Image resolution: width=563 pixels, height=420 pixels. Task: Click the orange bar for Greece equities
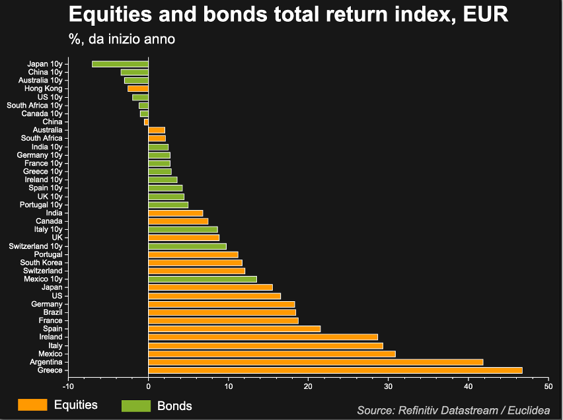pos(335,370)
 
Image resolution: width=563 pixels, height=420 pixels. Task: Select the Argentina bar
pos(316,362)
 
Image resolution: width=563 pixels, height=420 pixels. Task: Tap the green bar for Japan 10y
pos(120,64)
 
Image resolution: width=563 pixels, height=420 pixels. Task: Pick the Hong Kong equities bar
pos(138,88)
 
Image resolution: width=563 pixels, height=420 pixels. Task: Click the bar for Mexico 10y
pos(202,279)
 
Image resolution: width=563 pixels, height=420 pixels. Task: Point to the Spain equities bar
pos(235,329)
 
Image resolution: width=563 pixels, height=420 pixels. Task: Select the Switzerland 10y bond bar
pos(187,246)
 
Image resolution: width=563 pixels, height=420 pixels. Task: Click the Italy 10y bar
pos(183,229)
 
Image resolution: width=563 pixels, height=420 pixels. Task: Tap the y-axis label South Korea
pos(41,263)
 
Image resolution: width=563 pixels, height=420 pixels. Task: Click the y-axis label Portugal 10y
pos(41,205)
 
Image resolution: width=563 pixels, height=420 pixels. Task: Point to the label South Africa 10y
pos(34,105)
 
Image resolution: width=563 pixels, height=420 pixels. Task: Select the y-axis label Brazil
pos(53,312)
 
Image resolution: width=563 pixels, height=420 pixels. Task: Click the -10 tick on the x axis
pos(68,386)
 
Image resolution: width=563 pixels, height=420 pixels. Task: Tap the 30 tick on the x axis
pos(389,386)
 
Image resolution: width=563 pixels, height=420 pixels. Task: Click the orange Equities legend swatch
pos(32,405)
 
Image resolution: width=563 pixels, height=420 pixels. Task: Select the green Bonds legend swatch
pos(136,405)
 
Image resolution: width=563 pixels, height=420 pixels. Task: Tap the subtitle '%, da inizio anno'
pos(122,39)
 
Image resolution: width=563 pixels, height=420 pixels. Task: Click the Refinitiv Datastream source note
pos(453,410)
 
